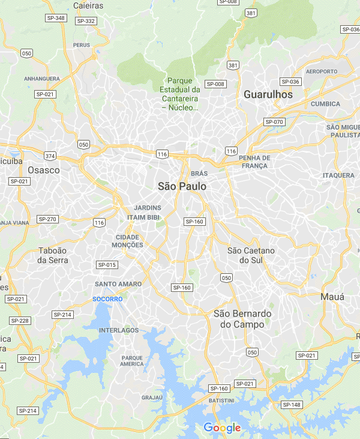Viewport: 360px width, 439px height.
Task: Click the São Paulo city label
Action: click(182, 186)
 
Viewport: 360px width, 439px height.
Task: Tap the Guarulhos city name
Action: click(268, 94)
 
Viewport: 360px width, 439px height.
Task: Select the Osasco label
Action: click(44, 170)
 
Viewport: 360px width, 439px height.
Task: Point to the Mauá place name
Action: click(332, 297)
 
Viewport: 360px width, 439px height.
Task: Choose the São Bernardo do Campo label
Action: click(242, 319)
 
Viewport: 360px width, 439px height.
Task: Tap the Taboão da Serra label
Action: click(53, 255)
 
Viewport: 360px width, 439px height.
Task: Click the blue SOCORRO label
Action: click(107, 298)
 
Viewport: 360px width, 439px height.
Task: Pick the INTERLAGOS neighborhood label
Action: click(119, 330)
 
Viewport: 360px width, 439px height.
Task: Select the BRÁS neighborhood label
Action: click(199, 173)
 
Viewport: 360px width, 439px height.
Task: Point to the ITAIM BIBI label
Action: click(143, 217)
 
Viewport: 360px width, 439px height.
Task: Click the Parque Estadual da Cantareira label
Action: click(184, 94)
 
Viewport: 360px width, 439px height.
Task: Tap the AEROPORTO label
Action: click(322, 71)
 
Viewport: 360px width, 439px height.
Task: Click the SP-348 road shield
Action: click(56, 18)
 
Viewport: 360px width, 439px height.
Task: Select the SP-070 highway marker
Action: click(274, 122)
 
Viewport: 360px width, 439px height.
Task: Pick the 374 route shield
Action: click(50, 156)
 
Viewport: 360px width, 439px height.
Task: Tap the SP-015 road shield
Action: click(106, 265)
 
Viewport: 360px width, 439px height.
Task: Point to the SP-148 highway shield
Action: click(292, 405)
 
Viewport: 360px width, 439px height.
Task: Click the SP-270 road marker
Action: click(47, 219)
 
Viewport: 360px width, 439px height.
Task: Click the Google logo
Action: click(222, 428)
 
